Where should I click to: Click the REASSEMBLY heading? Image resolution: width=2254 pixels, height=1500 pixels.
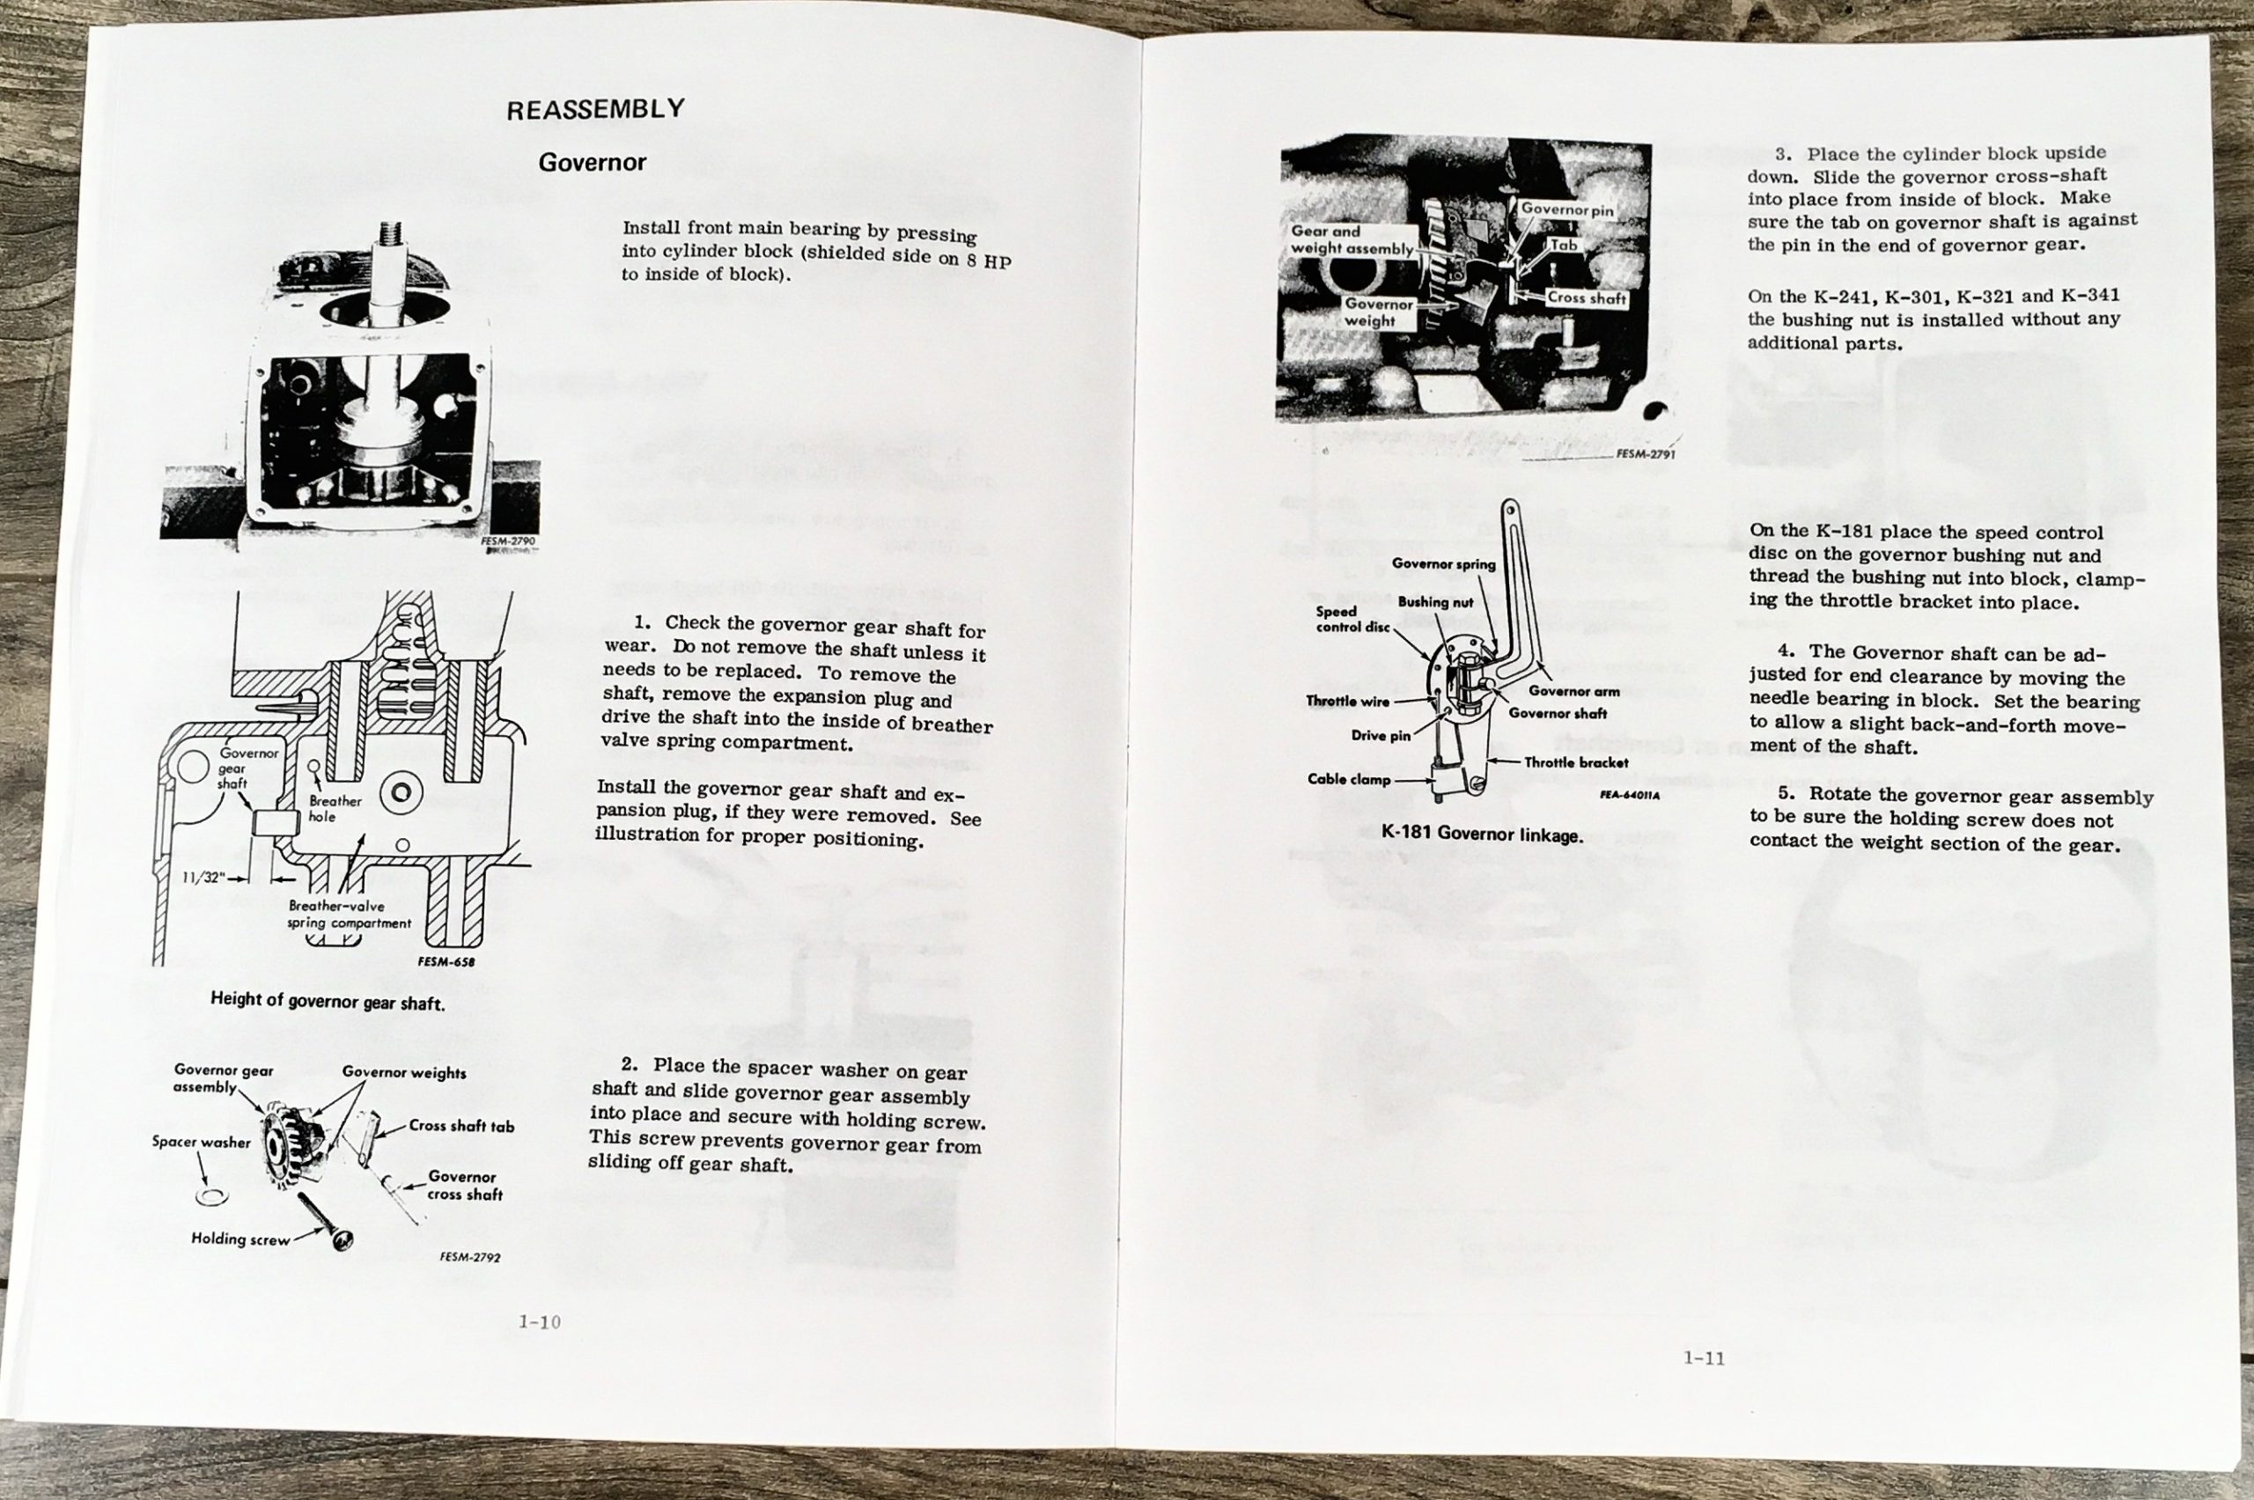tap(595, 109)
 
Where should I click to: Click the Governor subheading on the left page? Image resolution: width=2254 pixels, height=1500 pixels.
tap(592, 163)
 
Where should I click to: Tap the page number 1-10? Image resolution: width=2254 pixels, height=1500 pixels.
tap(540, 1322)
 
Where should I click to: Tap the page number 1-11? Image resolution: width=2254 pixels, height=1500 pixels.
tap(1704, 1357)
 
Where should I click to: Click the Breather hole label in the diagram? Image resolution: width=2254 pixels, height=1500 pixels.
tap(335, 808)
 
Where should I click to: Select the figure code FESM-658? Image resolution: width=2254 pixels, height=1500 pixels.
tap(446, 961)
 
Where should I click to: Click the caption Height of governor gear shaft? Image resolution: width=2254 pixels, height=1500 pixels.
tap(328, 1003)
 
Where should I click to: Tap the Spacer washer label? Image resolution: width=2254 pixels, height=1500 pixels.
tap(201, 1141)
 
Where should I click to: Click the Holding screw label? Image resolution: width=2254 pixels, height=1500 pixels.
tap(240, 1239)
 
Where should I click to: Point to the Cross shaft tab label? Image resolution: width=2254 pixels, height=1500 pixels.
tap(461, 1126)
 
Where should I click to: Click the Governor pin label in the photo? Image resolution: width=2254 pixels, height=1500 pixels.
tap(1566, 209)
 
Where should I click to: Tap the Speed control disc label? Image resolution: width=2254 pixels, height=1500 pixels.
tap(1352, 619)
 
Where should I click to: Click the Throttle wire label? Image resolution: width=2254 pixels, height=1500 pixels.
tap(1347, 702)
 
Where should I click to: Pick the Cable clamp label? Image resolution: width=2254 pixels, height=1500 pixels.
tap(1349, 779)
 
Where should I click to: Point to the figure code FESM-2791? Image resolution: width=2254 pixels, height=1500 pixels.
tap(1646, 454)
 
